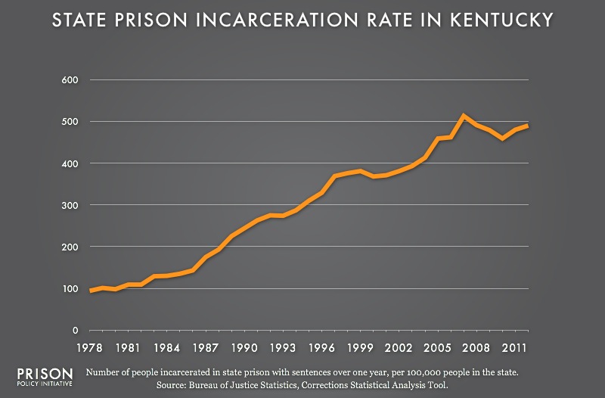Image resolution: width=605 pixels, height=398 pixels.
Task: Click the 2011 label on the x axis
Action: [514, 348]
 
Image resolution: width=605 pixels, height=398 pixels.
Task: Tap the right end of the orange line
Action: [527, 126]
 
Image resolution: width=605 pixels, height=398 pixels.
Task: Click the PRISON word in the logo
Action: [45, 374]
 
